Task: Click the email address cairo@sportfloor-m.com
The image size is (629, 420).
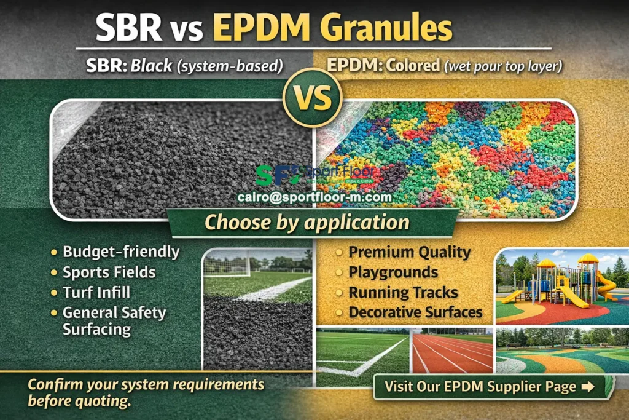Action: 314,197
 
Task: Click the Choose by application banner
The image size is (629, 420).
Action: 307,222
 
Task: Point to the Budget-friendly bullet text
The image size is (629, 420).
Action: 121,252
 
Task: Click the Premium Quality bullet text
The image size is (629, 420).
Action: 410,252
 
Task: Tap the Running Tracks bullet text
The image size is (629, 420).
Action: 403,292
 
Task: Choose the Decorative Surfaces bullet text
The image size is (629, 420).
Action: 415,312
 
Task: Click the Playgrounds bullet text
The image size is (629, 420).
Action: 393,272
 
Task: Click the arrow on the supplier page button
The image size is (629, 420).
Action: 587,387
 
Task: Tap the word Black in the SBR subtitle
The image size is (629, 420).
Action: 150,65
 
